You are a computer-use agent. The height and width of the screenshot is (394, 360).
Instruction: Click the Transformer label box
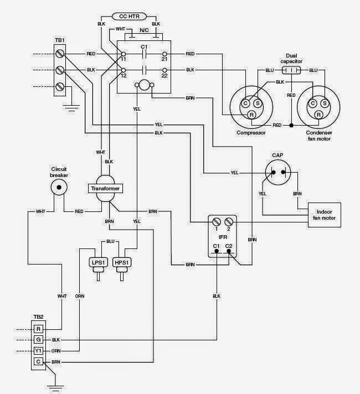(x=105, y=189)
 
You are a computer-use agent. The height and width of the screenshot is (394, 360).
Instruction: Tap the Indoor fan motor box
(x=324, y=214)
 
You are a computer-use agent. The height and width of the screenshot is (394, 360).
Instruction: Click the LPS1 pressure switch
(x=97, y=262)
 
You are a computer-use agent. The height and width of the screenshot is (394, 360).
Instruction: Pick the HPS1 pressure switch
(x=121, y=262)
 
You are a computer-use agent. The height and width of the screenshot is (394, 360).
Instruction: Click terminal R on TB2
(x=38, y=329)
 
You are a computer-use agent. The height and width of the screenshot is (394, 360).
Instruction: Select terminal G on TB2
(x=38, y=340)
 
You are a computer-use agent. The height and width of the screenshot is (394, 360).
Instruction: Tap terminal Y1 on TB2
(x=38, y=351)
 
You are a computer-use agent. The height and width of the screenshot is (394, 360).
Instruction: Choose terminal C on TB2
(x=38, y=362)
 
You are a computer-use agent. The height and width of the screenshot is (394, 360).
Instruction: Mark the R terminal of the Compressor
(x=251, y=115)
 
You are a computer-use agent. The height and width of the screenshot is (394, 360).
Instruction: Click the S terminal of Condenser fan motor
(x=325, y=103)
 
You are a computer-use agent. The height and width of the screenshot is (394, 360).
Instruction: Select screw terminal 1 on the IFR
(x=217, y=222)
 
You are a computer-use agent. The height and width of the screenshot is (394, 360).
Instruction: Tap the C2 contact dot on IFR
(x=228, y=251)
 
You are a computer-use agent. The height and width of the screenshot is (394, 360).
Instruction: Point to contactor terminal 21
(x=164, y=54)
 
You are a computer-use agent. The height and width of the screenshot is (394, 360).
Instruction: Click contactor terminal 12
(x=123, y=70)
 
